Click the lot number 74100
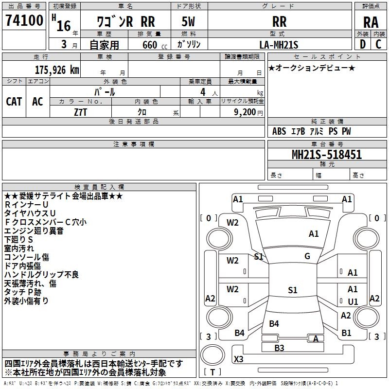coord(24,20)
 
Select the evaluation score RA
coord(371,22)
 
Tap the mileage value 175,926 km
coord(57,70)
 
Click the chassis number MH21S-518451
coord(327,154)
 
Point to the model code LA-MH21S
coord(279,45)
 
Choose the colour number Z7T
coord(80,112)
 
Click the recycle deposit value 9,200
coord(245,112)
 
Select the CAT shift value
coord(14,101)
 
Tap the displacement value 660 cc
coord(155,45)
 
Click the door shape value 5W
coord(188,21)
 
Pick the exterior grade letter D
coord(363,44)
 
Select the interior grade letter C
coord(378,44)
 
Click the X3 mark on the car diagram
coord(238,359)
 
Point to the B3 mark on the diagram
coord(279,348)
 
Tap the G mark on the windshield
coord(307,256)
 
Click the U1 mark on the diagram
coord(353,301)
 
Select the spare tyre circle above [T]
coord(212,355)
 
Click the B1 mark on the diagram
coord(346,333)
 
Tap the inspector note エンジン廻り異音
coord(34,230)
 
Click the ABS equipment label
coord(279,131)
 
